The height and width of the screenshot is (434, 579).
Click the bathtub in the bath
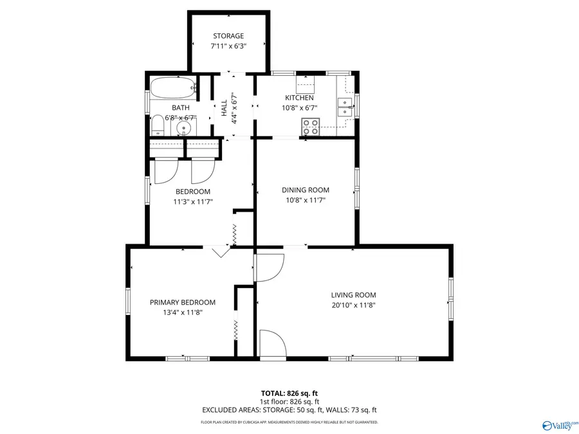point(172,86)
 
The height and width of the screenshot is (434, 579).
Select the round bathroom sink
point(184,127)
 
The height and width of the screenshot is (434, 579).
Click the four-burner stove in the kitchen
point(310,127)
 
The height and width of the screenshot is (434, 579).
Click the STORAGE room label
point(228,36)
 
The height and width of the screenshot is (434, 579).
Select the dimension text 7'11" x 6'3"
point(228,46)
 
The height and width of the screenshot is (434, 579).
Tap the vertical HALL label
point(224,107)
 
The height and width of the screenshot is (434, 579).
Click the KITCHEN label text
point(299,98)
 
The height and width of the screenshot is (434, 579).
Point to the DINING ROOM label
point(305,190)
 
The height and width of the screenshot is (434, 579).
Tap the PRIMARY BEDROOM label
point(183,302)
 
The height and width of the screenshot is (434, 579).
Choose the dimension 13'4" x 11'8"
point(183,312)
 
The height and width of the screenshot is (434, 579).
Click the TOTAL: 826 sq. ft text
point(289,393)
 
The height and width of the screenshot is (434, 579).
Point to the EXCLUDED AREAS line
point(289,410)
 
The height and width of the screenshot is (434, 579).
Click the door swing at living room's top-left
point(269,267)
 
